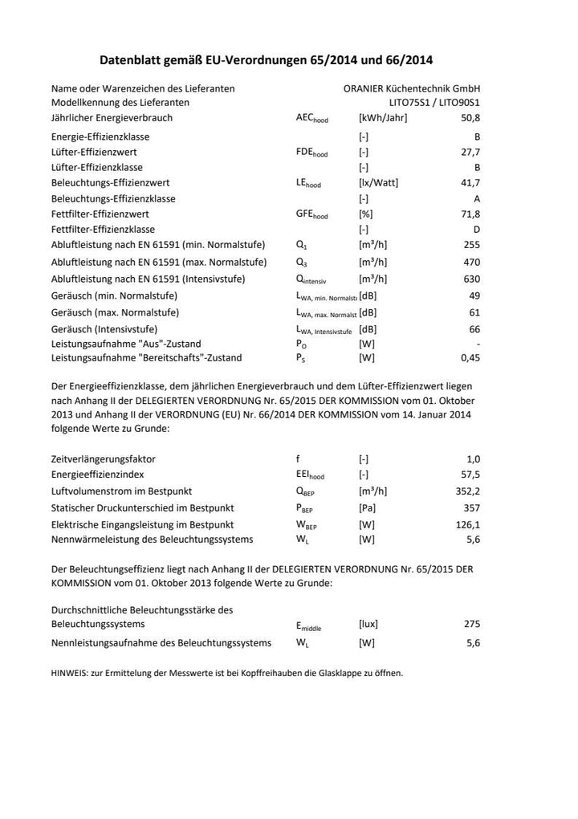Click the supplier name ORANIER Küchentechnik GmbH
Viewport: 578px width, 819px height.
click(x=412, y=88)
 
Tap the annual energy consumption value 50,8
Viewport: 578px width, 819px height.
click(x=470, y=118)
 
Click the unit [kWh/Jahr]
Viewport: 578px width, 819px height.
click(x=383, y=118)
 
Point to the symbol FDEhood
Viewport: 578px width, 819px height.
click(x=311, y=153)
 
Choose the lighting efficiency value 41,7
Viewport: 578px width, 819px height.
click(x=470, y=183)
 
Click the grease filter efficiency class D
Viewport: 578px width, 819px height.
click(x=477, y=230)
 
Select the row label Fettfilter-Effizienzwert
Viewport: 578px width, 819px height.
click(x=100, y=214)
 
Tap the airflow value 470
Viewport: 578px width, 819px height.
click(x=472, y=263)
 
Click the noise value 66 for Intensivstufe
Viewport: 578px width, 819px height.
click(x=474, y=329)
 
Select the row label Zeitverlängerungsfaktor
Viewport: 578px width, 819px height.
click(x=104, y=459)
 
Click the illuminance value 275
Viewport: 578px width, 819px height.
click(x=472, y=624)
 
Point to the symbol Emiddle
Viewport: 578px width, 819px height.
click(x=309, y=625)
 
